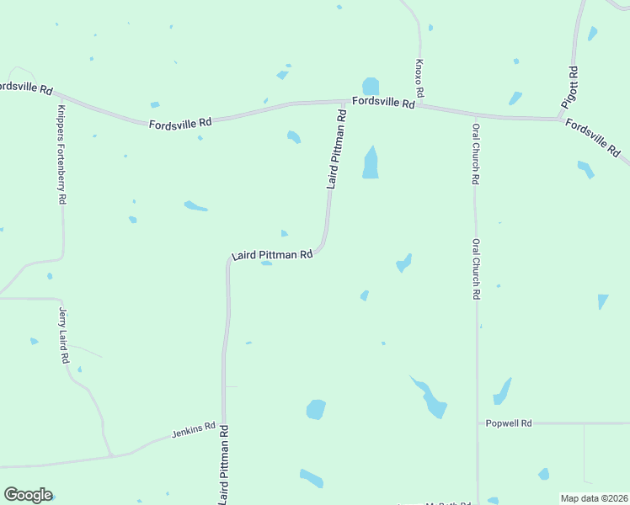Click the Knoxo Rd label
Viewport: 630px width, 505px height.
click(419, 77)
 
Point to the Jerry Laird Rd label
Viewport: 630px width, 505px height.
click(64, 335)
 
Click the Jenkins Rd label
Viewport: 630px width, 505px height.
click(194, 431)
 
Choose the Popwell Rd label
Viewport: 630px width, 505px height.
click(510, 423)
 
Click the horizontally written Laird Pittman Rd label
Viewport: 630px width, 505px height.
click(272, 254)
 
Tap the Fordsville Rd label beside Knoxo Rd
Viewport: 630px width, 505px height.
click(383, 103)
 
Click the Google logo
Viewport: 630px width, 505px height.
click(28, 495)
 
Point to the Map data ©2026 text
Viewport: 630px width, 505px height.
click(594, 498)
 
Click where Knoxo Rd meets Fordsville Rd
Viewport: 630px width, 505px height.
click(420, 106)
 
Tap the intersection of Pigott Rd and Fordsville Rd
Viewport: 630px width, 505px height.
click(562, 119)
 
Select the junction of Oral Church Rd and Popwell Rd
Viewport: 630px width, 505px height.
click(478, 423)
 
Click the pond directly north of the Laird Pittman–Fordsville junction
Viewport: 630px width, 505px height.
click(370, 86)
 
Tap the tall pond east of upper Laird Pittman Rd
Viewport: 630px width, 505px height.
click(371, 162)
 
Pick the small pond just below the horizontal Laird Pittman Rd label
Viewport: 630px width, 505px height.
click(266, 263)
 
